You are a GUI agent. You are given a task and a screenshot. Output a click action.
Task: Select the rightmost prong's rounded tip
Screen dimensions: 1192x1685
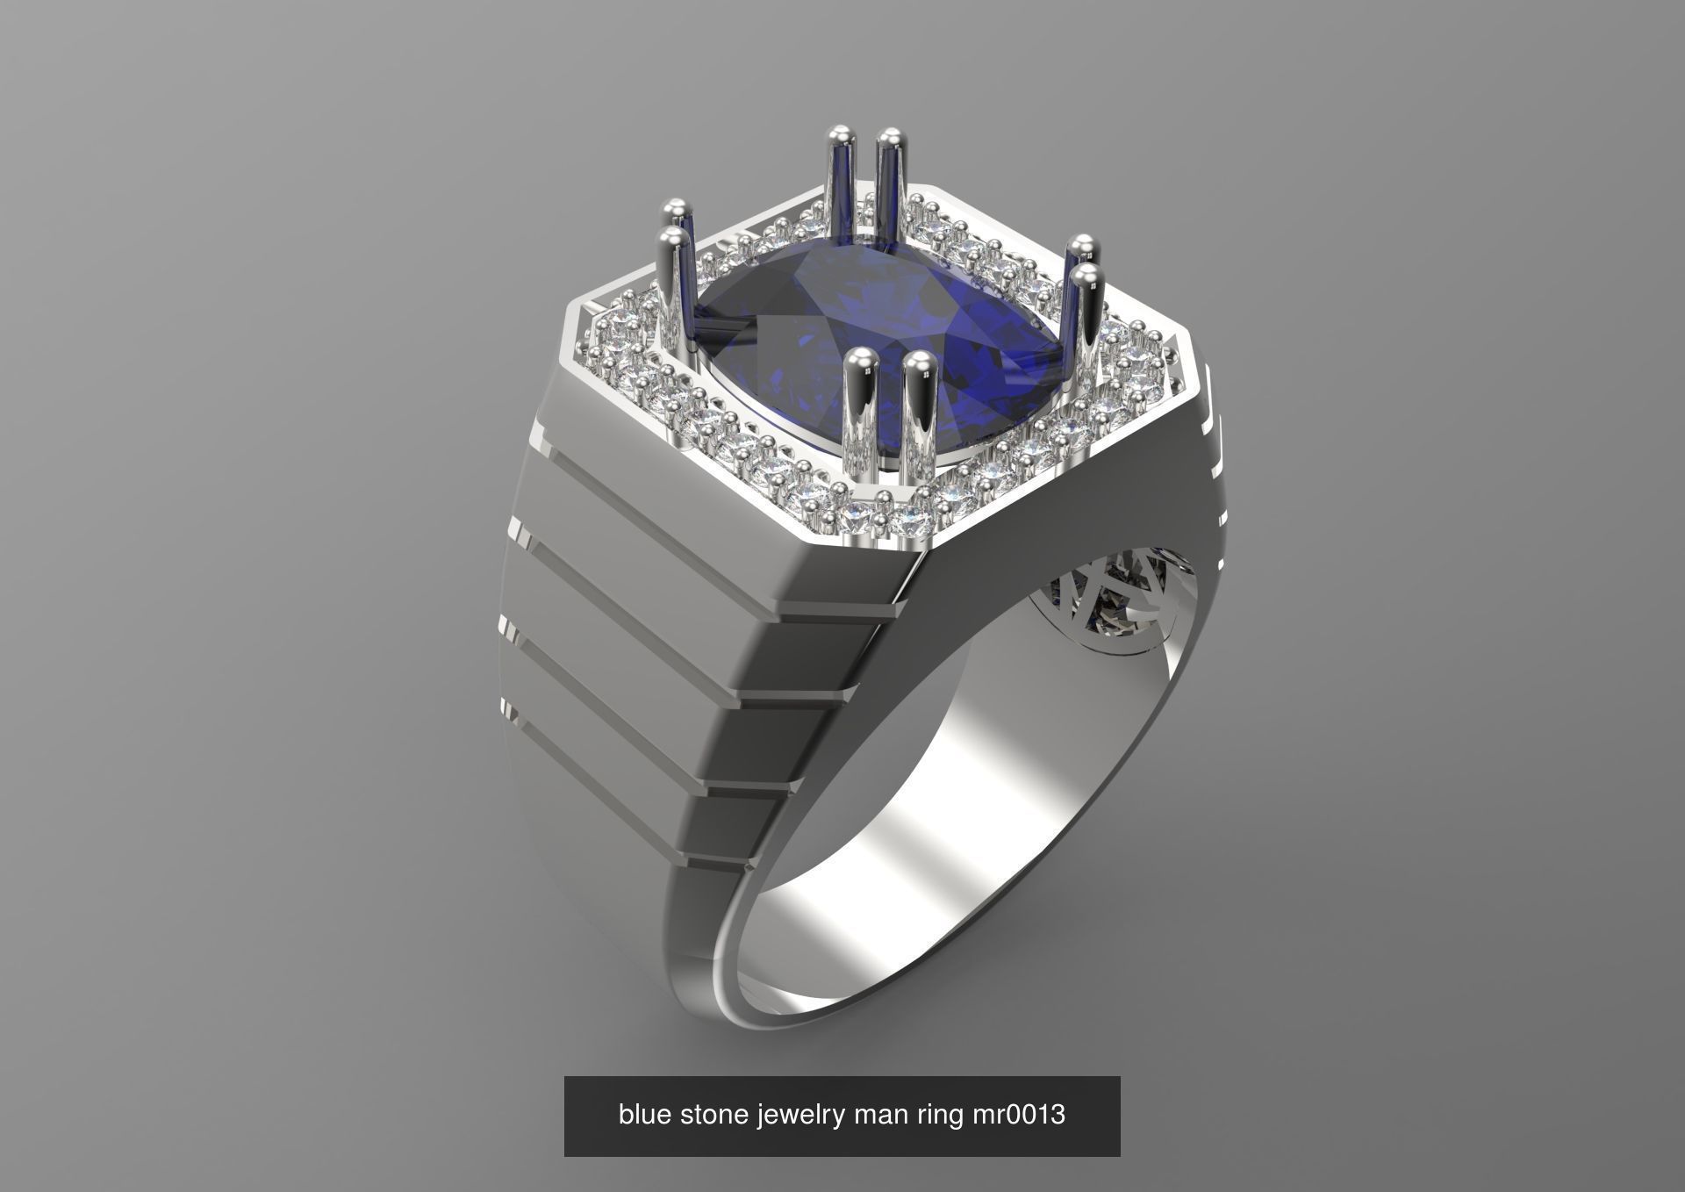point(1090,279)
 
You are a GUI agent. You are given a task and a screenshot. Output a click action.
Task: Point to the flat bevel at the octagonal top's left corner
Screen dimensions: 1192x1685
point(575,334)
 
